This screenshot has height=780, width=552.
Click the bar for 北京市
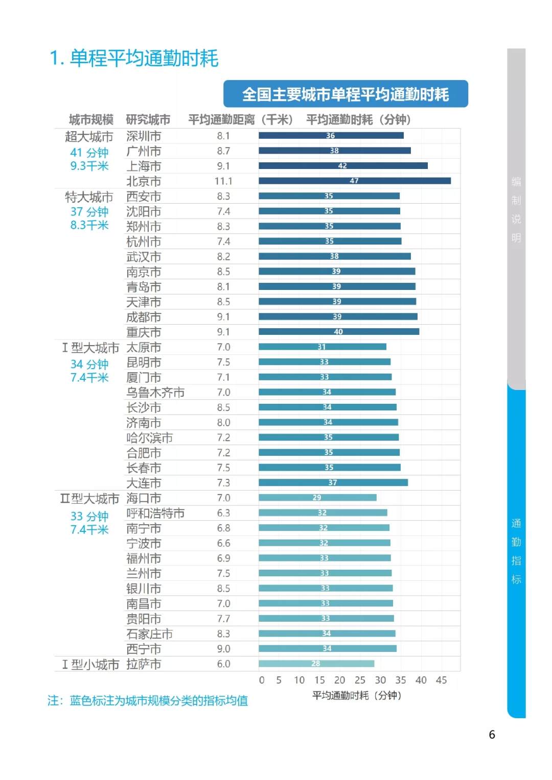point(355,181)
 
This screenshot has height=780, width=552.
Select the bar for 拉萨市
point(316,664)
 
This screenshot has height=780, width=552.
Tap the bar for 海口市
point(317,498)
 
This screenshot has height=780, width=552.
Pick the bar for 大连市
point(333,482)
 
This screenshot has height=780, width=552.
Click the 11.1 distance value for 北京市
point(223,181)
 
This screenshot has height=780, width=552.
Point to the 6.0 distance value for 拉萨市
point(223,664)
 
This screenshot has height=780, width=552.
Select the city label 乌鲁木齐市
point(155,393)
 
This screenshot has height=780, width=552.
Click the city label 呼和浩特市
point(155,513)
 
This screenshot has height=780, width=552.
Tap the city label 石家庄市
point(149,634)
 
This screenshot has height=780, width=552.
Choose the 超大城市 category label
point(89,137)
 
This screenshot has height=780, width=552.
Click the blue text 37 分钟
point(89,212)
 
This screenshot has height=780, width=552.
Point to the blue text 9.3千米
point(89,166)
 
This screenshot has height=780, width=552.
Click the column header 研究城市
point(148,120)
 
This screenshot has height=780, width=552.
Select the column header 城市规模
point(91,120)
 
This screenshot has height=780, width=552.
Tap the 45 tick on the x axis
point(441,680)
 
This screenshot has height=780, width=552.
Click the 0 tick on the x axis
point(262,680)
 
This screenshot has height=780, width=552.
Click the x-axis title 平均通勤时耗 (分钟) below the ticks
point(357,695)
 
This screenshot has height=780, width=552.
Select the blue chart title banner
point(346,94)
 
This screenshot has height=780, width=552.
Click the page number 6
point(492,735)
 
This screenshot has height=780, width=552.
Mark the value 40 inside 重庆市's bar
point(338,332)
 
